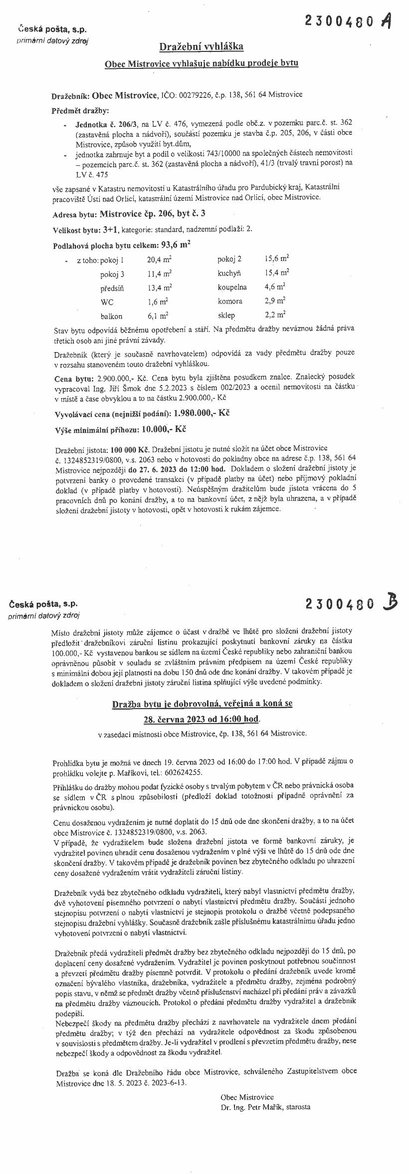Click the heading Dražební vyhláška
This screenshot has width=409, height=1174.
coord(201,47)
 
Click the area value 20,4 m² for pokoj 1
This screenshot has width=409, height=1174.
coord(159,260)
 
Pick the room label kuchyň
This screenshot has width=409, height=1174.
coord(229,273)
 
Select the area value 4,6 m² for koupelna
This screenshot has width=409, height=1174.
coord(275,287)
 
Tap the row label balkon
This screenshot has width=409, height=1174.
coord(111,316)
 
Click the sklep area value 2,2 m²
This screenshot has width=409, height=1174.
coord(275,315)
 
